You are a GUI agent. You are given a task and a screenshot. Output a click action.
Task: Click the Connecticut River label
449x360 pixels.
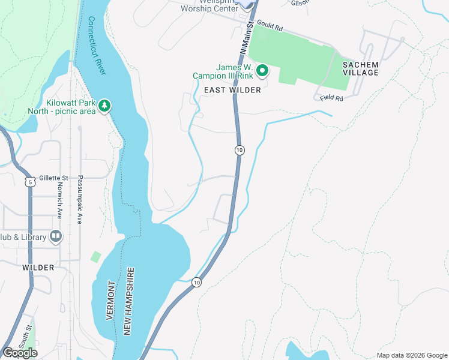pos(97,46)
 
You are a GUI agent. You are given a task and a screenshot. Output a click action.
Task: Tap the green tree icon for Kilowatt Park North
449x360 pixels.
pos(105,106)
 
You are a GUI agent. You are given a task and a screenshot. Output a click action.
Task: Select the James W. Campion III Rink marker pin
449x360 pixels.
pos(262,71)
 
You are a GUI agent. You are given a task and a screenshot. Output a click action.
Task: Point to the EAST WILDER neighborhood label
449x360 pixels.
pos(232,90)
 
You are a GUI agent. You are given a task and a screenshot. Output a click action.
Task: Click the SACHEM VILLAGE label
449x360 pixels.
pos(361,68)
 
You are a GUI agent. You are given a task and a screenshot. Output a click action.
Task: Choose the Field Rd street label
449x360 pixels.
pos(331,97)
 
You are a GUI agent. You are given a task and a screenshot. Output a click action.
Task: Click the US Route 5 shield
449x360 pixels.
pos(29,181)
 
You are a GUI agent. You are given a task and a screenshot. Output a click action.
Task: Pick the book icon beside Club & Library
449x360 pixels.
pos(56,236)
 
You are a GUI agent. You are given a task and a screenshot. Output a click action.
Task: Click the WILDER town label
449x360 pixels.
pos(38,267)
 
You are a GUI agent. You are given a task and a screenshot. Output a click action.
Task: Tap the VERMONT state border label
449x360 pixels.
pos(110,300)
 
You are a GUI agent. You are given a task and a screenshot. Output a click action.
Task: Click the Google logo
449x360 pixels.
pos(20,352)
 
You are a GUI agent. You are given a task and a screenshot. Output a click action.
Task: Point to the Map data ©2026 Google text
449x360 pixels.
pos(411,355)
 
